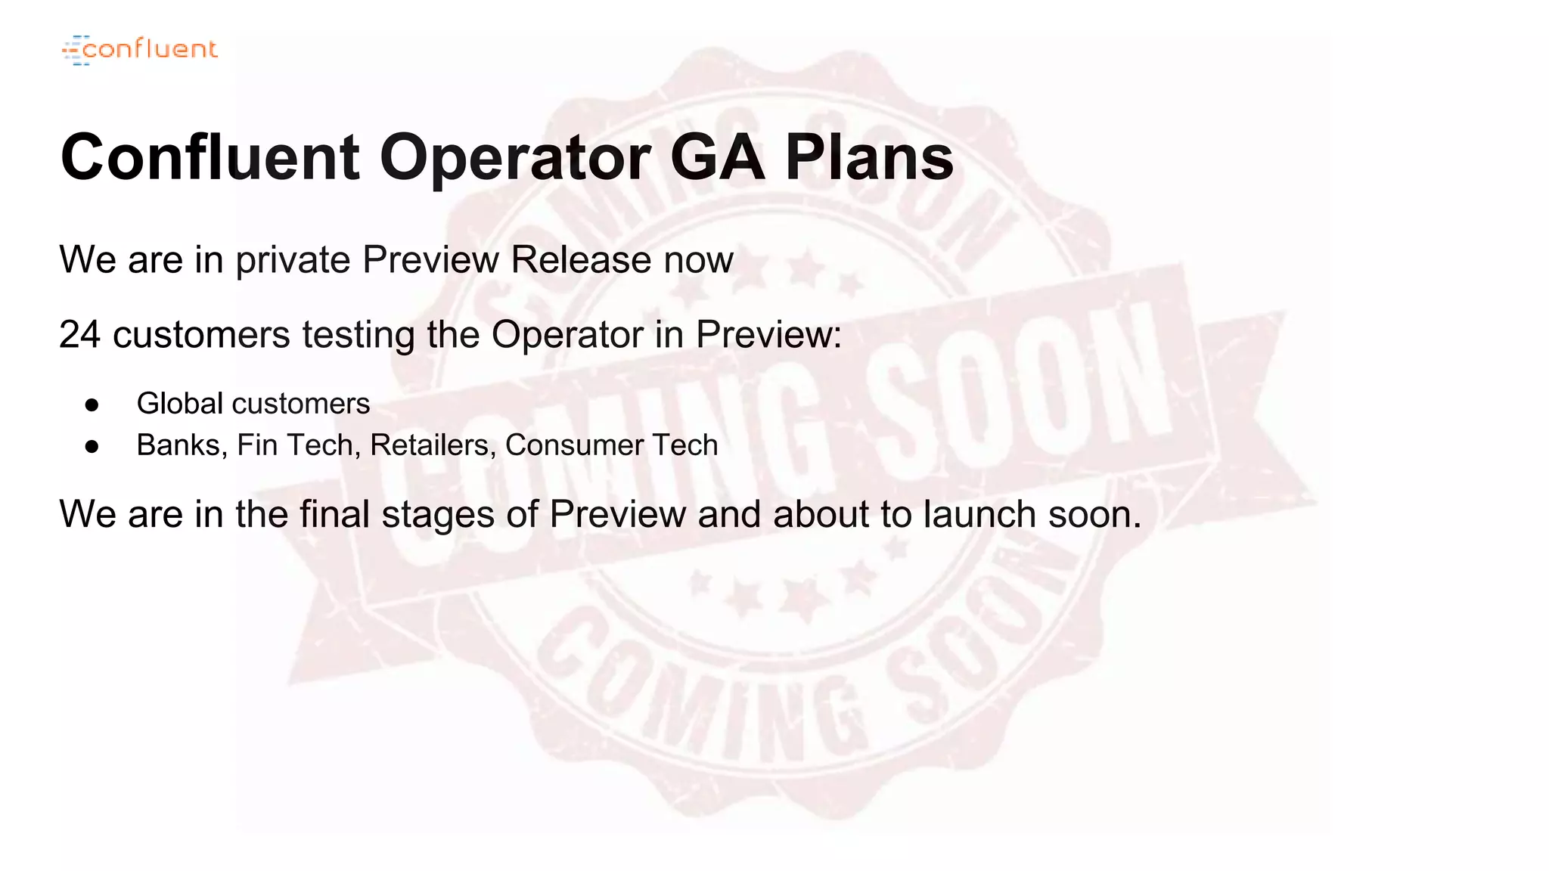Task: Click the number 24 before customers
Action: click(x=79, y=334)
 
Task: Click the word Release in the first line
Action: click(x=581, y=259)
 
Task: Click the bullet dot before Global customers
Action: click(x=92, y=405)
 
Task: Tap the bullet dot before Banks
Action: click(x=92, y=446)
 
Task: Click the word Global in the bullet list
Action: click(x=179, y=403)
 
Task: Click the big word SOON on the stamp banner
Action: click(x=1014, y=393)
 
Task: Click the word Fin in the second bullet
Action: click(x=256, y=445)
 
